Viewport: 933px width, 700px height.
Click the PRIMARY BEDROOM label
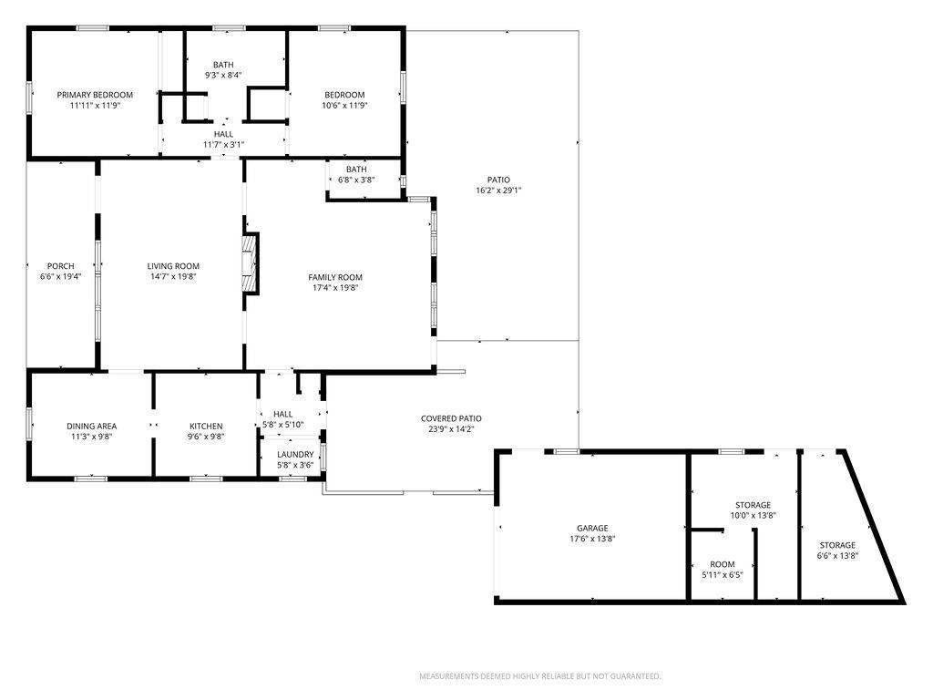tap(95, 95)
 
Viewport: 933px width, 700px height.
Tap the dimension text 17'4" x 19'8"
tap(335, 287)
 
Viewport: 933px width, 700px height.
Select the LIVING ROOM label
tap(173, 266)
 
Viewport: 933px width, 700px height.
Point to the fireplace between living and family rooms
tap(251, 263)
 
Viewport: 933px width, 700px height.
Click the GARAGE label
tap(592, 528)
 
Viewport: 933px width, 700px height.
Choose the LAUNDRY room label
tap(295, 454)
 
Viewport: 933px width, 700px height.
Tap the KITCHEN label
tap(206, 427)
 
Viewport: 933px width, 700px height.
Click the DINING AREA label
tap(92, 427)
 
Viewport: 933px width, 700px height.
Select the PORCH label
tap(61, 266)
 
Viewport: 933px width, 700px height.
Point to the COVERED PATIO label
tap(451, 418)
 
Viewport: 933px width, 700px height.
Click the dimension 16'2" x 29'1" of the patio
tap(498, 190)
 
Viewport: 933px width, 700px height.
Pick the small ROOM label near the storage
tap(723, 564)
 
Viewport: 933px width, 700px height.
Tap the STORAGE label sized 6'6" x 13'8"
tap(838, 545)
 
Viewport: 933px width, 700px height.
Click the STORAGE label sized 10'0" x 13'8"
tap(754, 505)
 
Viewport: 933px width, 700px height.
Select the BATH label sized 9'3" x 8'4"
tap(224, 65)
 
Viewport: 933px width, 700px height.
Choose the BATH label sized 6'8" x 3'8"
tap(356, 169)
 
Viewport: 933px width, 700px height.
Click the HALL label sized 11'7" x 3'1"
tap(224, 134)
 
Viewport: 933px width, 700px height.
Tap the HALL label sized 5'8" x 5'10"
tap(283, 415)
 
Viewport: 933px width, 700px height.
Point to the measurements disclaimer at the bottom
tap(540, 676)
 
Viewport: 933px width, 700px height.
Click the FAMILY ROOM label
tap(335, 277)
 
